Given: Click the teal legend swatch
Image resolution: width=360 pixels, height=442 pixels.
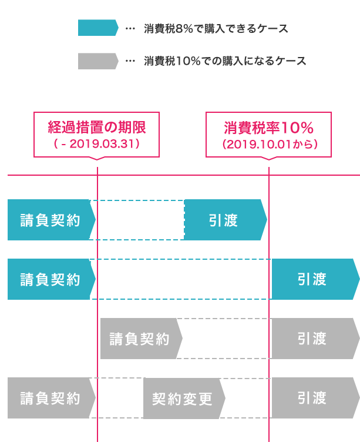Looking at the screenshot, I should [x=97, y=28].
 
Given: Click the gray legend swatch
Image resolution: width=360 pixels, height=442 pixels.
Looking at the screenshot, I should [x=97, y=61].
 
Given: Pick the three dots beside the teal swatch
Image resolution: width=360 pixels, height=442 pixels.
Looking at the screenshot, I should [x=130, y=28].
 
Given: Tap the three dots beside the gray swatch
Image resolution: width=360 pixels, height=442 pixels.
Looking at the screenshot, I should [x=130, y=61].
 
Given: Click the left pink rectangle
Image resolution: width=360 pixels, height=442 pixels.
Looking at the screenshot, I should [x=96, y=135].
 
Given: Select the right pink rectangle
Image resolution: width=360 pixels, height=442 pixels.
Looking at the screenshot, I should [x=268, y=135].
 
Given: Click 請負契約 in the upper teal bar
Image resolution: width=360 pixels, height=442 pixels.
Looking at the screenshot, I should [x=50, y=220].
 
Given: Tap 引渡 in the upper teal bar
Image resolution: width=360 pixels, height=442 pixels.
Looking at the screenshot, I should [x=223, y=220].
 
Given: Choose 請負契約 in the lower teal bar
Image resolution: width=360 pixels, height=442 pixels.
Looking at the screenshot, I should [x=50, y=279].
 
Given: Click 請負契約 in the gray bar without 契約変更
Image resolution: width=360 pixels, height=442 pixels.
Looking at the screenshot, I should [x=139, y=339].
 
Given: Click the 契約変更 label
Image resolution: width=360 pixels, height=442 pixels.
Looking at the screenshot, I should [x=182, y=399].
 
